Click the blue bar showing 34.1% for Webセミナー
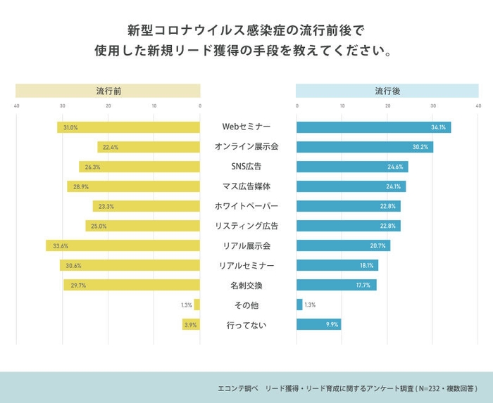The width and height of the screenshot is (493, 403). tap(373, 127)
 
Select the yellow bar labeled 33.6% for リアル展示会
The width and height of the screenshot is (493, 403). tap(123, 246)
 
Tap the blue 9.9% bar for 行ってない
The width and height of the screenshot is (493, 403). tap(318, 325)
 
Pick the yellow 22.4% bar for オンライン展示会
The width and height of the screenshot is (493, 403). tap(149, 147)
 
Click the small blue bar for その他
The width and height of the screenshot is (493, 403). tap(299, 305)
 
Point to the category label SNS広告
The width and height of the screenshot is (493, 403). tap(246, 167)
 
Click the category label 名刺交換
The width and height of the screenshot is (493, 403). tap(246, 286)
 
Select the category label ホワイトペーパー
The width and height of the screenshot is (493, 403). tap(246, 206)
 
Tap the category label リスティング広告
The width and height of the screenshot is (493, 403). tap(246, 226)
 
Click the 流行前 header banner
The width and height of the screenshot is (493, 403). tap(108, 91)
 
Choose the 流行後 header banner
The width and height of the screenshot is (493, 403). tap(387, 91)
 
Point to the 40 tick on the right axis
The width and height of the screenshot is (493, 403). tap(478, 107)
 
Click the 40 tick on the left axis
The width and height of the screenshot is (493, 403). tap(16, 107)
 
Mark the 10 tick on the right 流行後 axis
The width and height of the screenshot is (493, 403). tap(342, 107)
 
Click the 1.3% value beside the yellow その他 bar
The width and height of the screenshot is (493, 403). tap(186, 305)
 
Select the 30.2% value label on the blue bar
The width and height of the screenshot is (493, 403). tap(420, 147)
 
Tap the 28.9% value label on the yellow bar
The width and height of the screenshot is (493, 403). tap(81, 186)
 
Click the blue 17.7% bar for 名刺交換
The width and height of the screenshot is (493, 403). tap(337, 286)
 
